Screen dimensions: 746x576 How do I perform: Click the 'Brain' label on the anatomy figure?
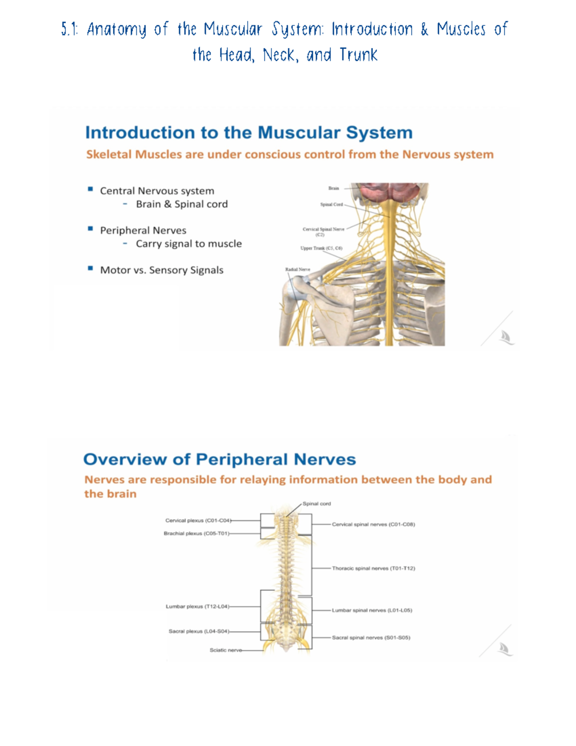click(x=334, y=188)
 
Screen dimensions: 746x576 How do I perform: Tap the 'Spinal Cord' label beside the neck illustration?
click(x=332, y=205)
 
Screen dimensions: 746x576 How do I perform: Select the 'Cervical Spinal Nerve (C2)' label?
click(x=323, y=232)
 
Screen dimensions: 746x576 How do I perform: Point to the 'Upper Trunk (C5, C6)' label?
click(x=321, y=248)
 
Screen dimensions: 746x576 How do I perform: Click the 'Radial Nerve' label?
click(x=298, y=269)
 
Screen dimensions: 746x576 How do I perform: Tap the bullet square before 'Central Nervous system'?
click(x=90, y=189)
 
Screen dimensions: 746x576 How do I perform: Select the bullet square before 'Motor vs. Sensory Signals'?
click(x=90, y=269)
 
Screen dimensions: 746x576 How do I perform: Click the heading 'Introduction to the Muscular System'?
click(x=249, y=133)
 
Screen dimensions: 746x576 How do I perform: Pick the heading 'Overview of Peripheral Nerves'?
click(x=219, y=459)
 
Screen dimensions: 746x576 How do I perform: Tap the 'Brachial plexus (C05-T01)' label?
click(x=196, y=533)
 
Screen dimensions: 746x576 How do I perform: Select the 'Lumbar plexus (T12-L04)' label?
click(x=197, y=606)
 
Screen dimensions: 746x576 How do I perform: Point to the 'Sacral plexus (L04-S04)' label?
click(x=199, y=631)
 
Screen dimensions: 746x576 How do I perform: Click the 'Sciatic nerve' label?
click(x=226, y=650)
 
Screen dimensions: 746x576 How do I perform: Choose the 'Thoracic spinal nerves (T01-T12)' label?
click(x=373, y=568)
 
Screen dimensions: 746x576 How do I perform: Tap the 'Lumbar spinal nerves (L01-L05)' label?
click(x=372, y=610)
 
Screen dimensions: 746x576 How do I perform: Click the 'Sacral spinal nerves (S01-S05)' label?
click(x=371, y=637)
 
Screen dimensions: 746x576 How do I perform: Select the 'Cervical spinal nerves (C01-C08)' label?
click(x=373, y=524)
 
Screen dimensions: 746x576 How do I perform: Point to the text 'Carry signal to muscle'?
click(x=189, y=244)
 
